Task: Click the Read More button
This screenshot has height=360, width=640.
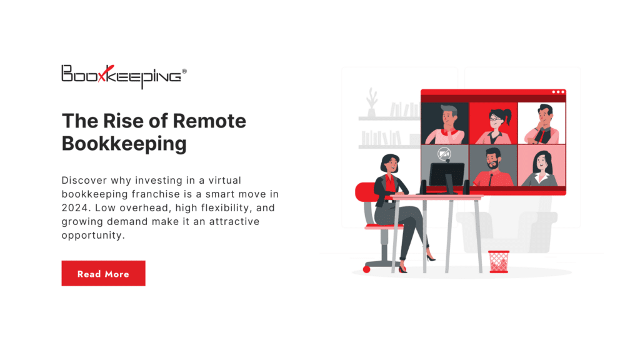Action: tap(103, 274)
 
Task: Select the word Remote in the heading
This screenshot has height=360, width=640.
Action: tap(209, 121)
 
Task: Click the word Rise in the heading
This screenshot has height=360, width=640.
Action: tap(126, 121)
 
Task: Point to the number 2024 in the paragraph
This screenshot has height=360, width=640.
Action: tap(74, 207)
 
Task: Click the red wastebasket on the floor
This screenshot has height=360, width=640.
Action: tap(498, 261)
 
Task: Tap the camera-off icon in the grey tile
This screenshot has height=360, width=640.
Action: tap(444, 154)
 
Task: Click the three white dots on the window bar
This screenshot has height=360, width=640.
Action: tap(557, 92)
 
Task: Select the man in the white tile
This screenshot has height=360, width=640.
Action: tap(541, 124)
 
